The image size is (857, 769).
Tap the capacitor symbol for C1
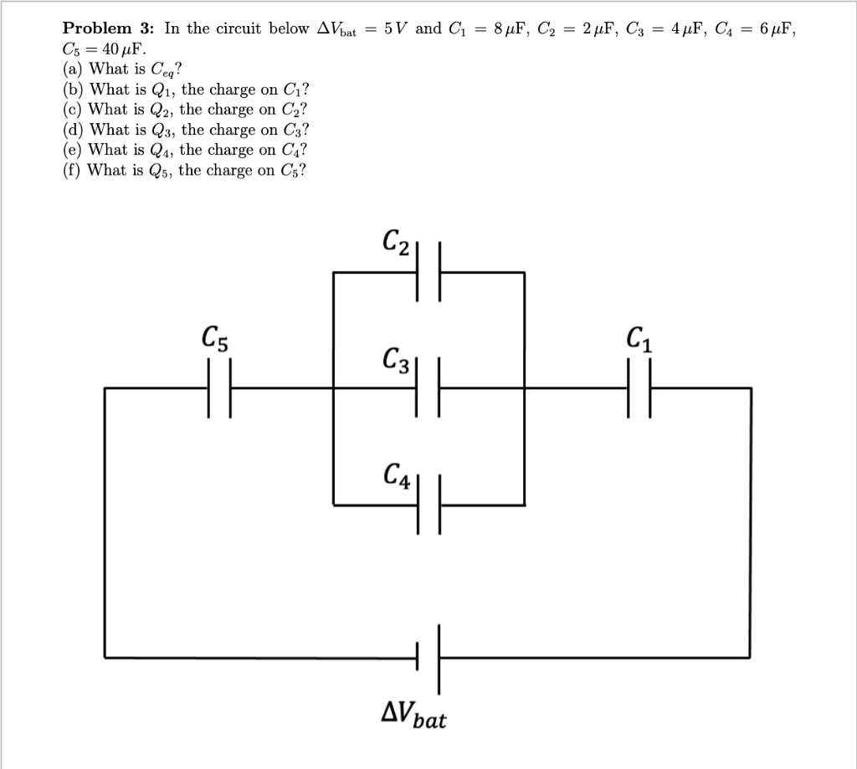pos(639,388)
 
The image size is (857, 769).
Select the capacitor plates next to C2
pos(428,272)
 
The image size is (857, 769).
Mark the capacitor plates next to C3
pos(428,388)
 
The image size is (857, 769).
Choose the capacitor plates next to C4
pos(428,505)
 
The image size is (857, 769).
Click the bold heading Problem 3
pos(110,28)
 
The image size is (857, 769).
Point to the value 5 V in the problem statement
pos(396,28)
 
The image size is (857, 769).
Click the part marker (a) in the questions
pos(74,69)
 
